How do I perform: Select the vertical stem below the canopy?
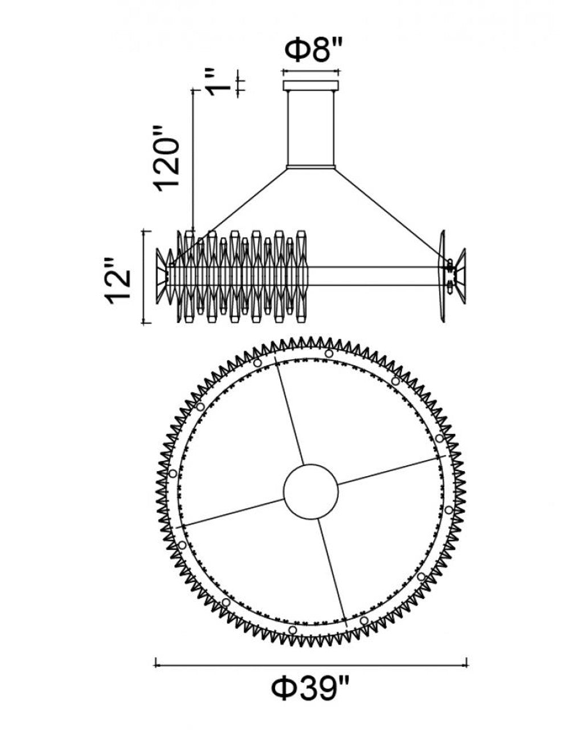pos(311,127)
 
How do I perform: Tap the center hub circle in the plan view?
pos(311,490)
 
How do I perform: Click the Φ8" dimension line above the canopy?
pos(311,72)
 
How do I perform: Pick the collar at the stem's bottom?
pos(311,167)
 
